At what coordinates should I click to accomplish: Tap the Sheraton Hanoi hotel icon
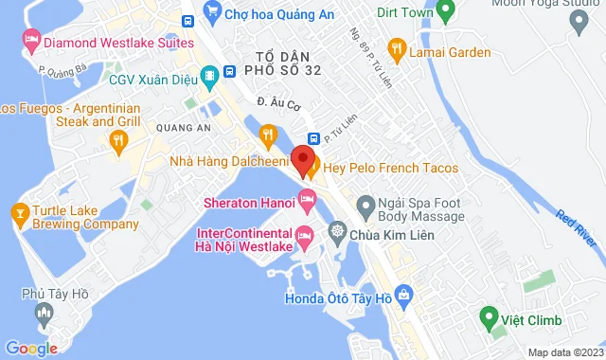click(x=306, y=199)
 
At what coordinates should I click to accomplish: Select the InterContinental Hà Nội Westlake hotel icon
click(x=305, y=234)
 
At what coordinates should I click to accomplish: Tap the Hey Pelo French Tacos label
click(x=390, y=168)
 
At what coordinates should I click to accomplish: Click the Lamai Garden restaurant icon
click(x=397, y=48)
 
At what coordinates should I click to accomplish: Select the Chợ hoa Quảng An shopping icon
click(x=215, y=12)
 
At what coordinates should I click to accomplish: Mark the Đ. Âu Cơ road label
click(x=276, y=101)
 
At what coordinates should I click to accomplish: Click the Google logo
click(x=30, y=349)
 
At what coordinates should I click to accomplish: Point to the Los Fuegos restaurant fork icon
click(x=118, y=142)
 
